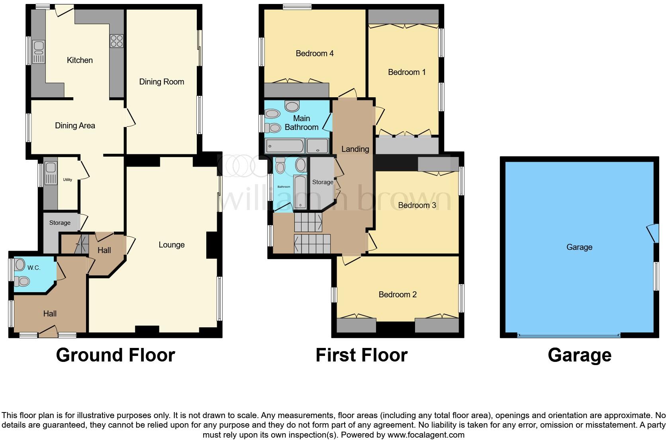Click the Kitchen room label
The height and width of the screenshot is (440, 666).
pos(80,60)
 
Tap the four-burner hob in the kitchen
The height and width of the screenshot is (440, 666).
pos(117,41)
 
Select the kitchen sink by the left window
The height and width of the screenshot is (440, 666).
pos(39,52)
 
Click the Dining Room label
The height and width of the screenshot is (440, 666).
pos(161,82)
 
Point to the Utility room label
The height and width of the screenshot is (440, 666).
pos(67,180)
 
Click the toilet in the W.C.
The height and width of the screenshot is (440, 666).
pos(22,282)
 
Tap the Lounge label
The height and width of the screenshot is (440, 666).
pos(171,245)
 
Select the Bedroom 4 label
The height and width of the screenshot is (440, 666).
pos(314,53)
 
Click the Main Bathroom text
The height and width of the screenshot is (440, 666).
pos(301,123)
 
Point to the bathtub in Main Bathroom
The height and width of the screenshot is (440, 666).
pos(284,146)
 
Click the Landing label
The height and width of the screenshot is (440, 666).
pos(355,149)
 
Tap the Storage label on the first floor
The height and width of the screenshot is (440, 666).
pos(322,182)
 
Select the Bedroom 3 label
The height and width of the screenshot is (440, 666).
pos(417,205)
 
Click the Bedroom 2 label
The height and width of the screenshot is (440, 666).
pos(397,295)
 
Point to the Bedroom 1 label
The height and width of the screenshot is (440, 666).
pos(406,72)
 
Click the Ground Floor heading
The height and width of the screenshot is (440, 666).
pos(115,355)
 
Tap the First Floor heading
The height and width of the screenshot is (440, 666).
pos(361,355)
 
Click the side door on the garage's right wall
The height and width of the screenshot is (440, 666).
pos(652,233)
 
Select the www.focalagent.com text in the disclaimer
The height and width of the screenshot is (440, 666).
pos(426,435)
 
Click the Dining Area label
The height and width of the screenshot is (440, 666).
pos(75,126)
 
